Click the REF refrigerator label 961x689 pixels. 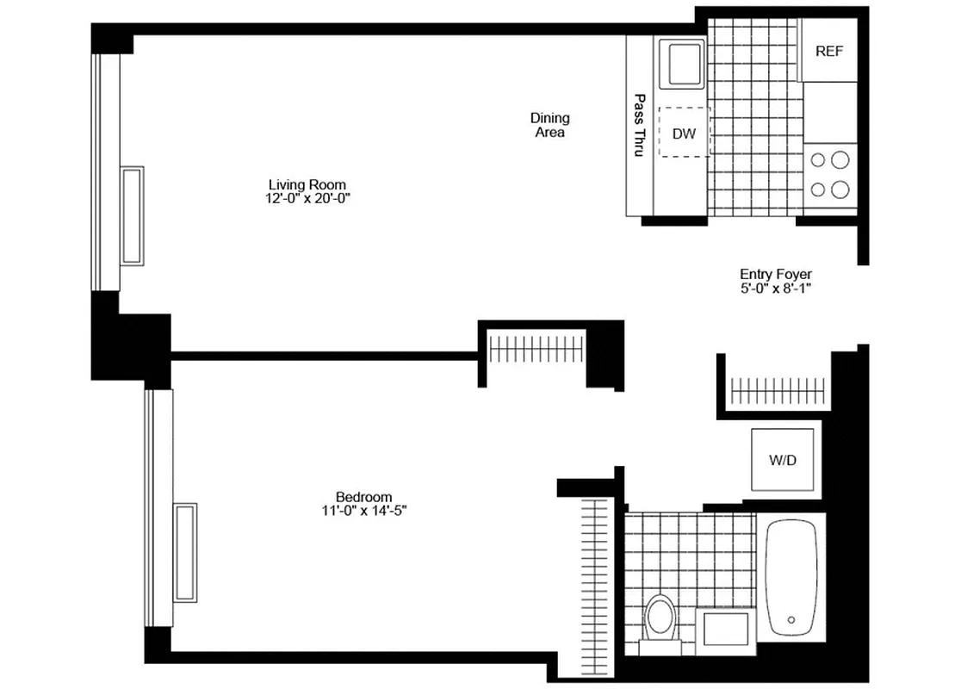pyautogui.click(x=829, y=51)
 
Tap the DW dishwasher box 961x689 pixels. pyautogui.click(x=685, y=133)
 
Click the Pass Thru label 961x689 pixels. pyautogui.click(x=639, y=125)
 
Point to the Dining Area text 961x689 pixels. pyautogui.click(x=549, y=125)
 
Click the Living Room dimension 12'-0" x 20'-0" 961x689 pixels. pyautogui.click(x=307, y=198)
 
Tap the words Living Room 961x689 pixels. pyautogui.click(x=307, y=184)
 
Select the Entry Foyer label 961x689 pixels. pyautogui.click(x=775, y=275)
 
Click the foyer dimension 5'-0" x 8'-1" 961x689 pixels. pyautogui.click(x=775, y=289)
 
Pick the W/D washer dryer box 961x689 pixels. pyautogui.click(x=783, y=460)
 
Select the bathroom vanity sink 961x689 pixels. pyautogui.click(x=725, y=629)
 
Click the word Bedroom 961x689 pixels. pyautogui.click(x=363, y=497)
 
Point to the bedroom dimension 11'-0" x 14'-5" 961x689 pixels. pyautogui.click(x=363, y=511)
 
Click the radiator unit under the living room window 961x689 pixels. pyautogui.click(x=132, y=216)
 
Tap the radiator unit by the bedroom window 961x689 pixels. pyautogui.click(x=185, y=552)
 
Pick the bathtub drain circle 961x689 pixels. pyautogui.click(x=790, y=618)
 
